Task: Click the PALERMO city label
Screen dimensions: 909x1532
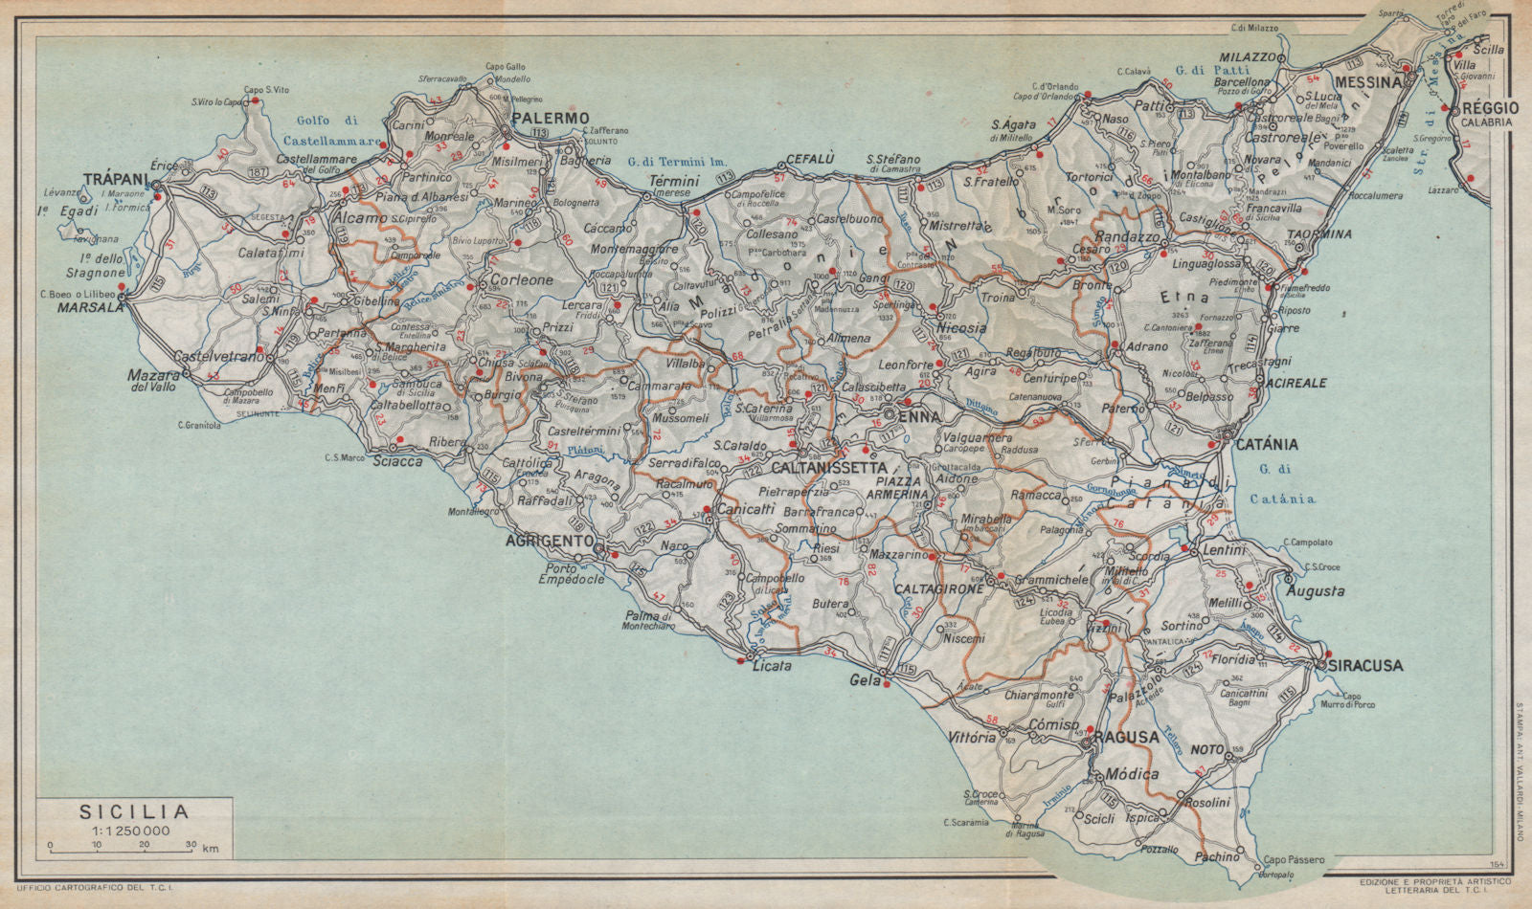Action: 551,118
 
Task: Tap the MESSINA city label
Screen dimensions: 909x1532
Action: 1368,82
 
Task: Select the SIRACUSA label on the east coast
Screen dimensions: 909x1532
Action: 1364,665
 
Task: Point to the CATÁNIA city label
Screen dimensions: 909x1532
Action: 1266,444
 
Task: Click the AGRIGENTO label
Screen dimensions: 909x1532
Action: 549,541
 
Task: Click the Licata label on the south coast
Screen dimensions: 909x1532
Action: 772,665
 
